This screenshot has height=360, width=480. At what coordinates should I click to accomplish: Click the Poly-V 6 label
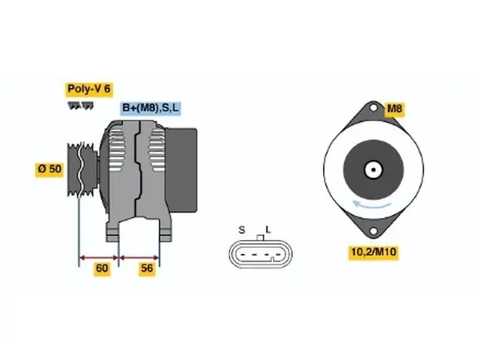[x=89, y=89]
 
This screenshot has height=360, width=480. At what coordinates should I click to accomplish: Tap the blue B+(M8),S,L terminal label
[x=151, y=108]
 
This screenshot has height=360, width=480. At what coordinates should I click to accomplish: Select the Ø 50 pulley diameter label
[x=49, y=169]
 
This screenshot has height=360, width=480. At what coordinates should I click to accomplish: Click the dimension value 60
[x=102, y=268]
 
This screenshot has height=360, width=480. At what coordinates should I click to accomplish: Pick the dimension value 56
[x=147, y=268]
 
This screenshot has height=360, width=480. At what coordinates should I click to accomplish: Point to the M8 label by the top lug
[x=395, y=109]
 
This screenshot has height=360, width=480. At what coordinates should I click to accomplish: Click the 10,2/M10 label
[x=373, y=253]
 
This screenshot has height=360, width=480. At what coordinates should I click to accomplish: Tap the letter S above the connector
[x=242, y=230]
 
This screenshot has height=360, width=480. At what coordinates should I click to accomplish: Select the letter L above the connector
[x=268, y=230]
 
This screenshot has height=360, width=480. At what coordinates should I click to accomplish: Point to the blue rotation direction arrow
[x=372, y=205]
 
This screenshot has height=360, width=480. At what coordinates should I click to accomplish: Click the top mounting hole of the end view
[x=373, y=107]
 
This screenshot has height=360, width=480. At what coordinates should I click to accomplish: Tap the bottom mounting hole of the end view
[x=373, y=231]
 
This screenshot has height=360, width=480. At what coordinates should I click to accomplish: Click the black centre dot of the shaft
[x=373, y=169]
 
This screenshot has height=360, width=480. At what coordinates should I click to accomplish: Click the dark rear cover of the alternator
[x=181, y=170]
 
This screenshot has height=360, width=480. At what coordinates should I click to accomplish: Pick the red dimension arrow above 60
[x=99, y=258]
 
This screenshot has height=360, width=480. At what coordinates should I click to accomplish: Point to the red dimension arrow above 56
[x=139, y=258]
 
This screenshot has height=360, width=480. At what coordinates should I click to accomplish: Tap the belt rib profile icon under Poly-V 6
[x=81, y=106]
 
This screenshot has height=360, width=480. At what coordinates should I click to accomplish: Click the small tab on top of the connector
[x=260, y=238]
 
